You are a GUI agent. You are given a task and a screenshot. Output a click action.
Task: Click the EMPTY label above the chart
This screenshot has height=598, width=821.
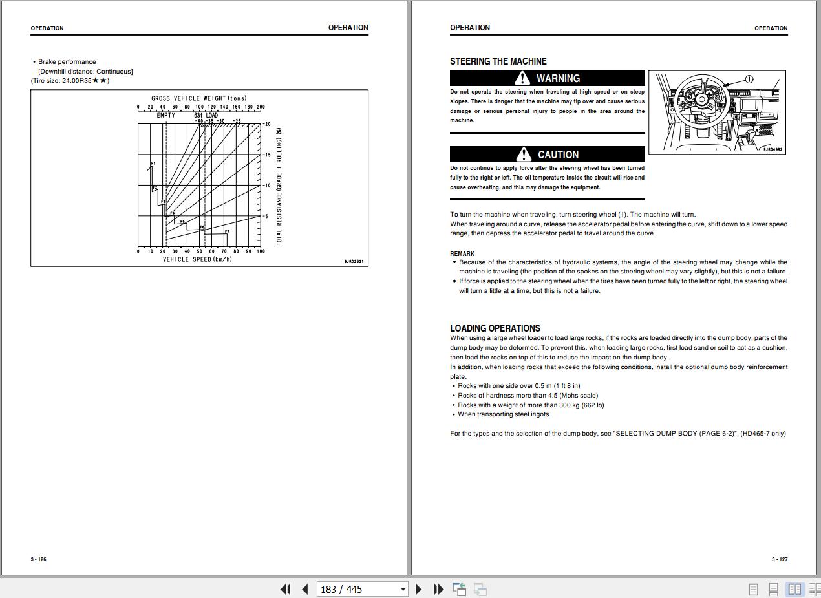coord(165,116)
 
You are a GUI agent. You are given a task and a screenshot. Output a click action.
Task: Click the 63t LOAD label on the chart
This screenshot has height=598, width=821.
coord(206,116)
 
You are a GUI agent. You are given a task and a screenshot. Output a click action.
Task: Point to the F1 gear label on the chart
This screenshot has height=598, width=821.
coord(153,164)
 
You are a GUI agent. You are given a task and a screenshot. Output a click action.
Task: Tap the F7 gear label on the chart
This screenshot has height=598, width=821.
coord(227,231)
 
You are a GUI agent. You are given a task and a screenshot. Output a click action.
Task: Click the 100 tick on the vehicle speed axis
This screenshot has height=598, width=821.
coord(261,251)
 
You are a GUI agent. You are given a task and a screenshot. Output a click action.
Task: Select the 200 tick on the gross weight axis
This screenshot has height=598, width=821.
coord(261,107)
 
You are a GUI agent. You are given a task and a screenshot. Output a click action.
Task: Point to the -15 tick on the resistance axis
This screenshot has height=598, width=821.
coord(267,155)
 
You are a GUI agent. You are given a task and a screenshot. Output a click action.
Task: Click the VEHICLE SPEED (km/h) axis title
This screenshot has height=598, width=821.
coord(197,259)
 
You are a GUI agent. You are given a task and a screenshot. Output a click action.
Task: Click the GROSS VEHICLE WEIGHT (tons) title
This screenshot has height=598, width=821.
coord(199,99)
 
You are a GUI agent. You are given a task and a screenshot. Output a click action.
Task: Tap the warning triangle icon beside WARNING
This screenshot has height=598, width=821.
coord(522,78)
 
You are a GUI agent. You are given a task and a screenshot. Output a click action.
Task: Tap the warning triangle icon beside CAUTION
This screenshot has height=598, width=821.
coord(524,155)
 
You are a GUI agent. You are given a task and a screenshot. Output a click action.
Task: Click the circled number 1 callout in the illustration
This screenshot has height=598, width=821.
coord(749,80)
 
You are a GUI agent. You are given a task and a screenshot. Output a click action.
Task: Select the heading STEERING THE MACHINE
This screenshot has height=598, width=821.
coord(498,61)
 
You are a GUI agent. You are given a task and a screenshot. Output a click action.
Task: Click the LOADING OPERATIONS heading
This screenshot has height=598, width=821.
coord(495,328)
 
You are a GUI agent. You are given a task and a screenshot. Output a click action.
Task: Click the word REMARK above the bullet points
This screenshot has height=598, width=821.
coord(462,253)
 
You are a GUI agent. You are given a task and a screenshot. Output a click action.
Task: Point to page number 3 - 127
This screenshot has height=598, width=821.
coord(779,559)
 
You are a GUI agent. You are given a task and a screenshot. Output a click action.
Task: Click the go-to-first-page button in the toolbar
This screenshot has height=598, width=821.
coord(285,589)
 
